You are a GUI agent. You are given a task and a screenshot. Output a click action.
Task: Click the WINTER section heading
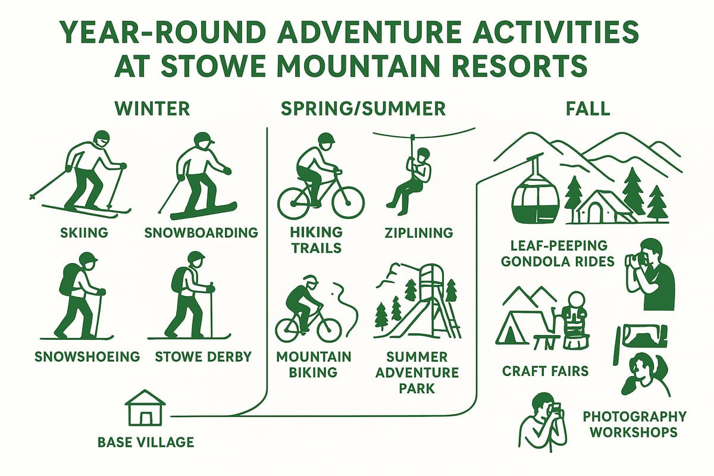pos(152,108)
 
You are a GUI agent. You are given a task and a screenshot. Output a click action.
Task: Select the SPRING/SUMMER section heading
pos(363,108)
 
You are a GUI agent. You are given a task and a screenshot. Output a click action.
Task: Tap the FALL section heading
pos(588,108)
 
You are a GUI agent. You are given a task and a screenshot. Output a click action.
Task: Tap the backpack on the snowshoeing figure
pos(68,280)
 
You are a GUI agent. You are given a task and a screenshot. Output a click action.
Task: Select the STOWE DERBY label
pos(203,357)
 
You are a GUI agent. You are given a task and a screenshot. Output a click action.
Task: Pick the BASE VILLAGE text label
pos(146,442)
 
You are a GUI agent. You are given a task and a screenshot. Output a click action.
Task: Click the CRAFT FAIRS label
pos(545,371)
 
